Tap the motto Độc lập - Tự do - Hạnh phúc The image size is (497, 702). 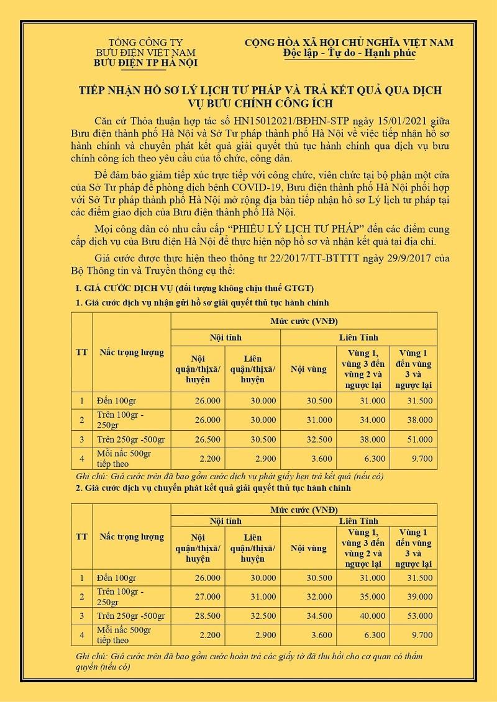[348, 53]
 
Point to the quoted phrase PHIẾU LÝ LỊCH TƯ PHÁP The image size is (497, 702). [273, 228]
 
